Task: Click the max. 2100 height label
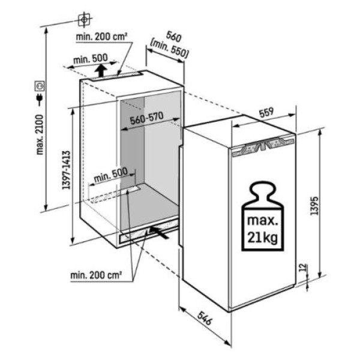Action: click(x=40, y=135)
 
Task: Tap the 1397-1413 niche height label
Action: click(x=66, y=170)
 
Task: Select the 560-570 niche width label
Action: click(x=147, y=118)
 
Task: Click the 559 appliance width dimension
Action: click(x=266, y=112)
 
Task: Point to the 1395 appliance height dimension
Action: click(x=314, y=205)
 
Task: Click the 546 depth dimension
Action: click(x=204, y=318)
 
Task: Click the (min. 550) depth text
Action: click(x=169, y=49)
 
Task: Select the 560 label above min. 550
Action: click(x=174, y=37)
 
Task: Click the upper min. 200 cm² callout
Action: click(x=101, y=37)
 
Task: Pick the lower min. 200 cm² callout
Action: click(x=96, y=275)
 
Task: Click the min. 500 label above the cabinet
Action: click(x=91, y=59)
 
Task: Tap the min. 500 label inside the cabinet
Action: click(x=110, y=175)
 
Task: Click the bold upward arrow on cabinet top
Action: click(x=101, y=70)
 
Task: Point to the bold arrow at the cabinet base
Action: click(x=160, y=232)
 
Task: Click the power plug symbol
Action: click(x=40, y=99)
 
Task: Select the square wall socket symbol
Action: click(x=40, y=86)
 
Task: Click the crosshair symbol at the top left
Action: click(x=84, y=20)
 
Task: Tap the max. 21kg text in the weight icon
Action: click(x=262, y=229)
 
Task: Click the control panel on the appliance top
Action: click(x=263, y=146)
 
